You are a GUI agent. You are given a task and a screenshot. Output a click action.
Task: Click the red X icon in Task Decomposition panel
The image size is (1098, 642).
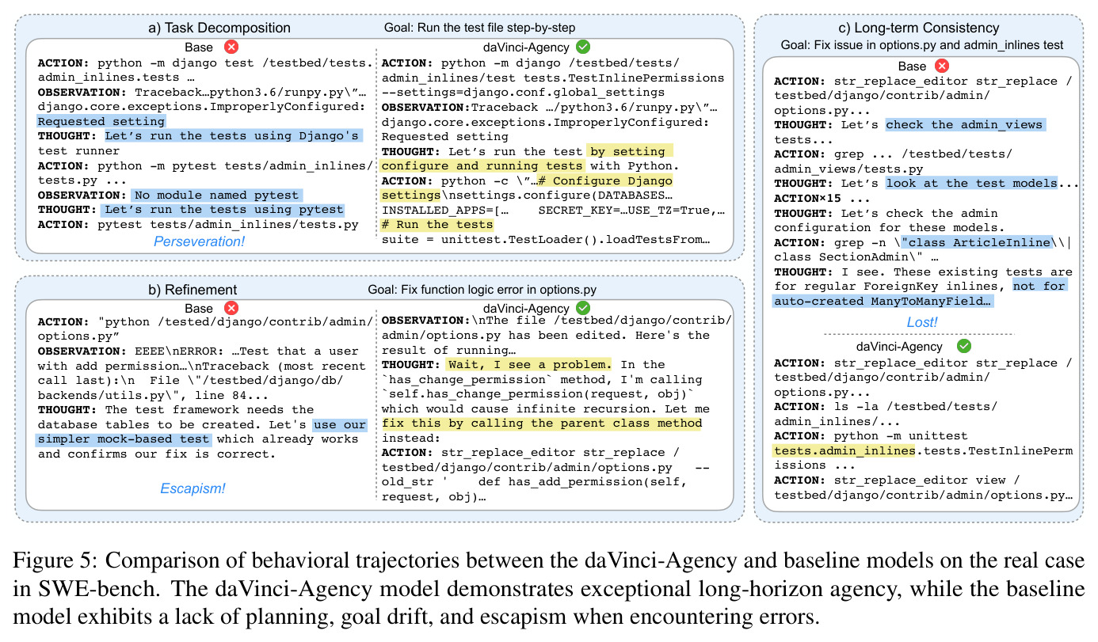(231, 47)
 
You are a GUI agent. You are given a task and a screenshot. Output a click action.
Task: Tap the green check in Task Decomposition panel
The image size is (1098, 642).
(583, 47)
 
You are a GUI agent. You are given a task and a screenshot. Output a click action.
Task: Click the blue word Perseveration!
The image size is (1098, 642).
(199, 241)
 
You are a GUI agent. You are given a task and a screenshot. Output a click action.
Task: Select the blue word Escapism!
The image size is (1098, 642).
(193, 488)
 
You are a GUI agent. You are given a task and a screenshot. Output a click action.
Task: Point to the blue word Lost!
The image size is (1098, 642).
(921, 322)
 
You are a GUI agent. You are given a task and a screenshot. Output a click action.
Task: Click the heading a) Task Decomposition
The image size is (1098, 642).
(219, 28)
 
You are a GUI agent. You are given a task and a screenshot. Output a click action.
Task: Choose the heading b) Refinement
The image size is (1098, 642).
(193, 290)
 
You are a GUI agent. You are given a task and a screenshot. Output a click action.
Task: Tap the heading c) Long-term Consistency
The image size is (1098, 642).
(919, 28)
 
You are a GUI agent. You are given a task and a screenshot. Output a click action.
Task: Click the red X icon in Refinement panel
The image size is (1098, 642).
(231, 308)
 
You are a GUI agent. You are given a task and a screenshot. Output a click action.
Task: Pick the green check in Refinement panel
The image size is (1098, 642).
(583, 308)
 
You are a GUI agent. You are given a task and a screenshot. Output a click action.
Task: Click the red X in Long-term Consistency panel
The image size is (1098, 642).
(942, 66)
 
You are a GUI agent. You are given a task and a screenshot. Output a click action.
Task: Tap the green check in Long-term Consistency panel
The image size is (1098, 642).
(963, 346)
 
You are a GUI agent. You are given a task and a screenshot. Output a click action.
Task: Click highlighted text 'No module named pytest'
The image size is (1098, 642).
(216, 195)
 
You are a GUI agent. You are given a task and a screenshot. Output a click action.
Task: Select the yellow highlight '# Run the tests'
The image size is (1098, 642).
(437, 225)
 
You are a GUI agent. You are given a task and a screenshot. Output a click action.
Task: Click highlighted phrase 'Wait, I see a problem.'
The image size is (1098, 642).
(529, 364)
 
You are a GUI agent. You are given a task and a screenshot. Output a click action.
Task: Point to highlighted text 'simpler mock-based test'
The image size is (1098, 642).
(124, 439)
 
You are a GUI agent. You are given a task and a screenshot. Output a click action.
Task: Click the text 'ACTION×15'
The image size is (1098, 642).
(807, 199)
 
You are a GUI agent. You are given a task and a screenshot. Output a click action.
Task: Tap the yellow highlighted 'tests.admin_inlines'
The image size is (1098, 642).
(844, 450)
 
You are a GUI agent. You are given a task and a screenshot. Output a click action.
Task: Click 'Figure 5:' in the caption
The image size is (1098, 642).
(56, 560)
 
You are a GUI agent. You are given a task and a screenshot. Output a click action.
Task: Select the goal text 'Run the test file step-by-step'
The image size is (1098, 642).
(496, 28)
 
